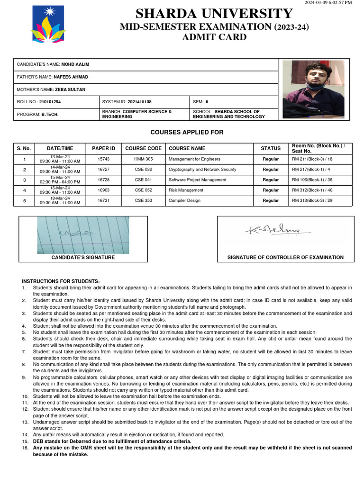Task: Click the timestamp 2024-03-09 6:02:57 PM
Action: point(328,3)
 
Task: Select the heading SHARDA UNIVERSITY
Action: point(214,14)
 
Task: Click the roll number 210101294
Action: point(50,102)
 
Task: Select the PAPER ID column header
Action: point(103,148)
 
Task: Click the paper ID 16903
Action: point(103,190)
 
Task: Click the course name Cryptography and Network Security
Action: point(202,169)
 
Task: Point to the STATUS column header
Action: point(271,148)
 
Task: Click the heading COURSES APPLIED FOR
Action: point(187,132)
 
